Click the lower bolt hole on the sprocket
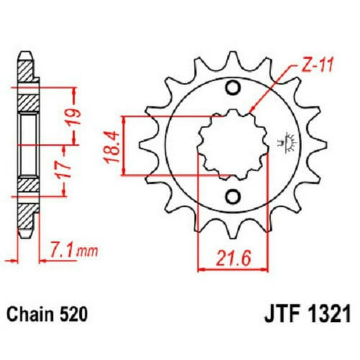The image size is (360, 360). (234, 196)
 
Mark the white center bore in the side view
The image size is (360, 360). (27, 144)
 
